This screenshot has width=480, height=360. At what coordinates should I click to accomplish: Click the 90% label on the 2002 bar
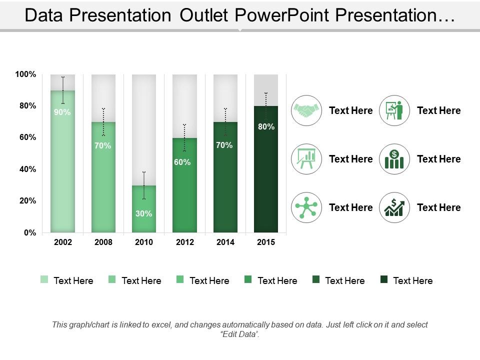pos(62,112)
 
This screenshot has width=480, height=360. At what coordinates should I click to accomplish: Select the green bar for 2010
pos(144,209)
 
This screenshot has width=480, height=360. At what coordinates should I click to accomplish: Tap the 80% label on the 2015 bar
pos(266,126)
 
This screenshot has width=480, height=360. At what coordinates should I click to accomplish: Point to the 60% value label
pos(182,162)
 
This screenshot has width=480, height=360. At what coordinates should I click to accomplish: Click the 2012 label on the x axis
pos(185,242)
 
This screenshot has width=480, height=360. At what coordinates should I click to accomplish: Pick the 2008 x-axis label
pos(103,242)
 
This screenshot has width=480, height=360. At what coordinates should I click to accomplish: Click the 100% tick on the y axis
pos(25,74)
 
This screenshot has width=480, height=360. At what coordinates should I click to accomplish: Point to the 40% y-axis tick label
pos(28,169)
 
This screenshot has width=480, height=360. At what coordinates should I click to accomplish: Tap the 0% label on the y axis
pos(30,232)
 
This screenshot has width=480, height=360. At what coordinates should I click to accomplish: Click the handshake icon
pos(306,110)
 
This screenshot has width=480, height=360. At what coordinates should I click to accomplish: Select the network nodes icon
pos(306,207)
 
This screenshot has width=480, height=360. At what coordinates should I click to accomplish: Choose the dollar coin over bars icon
pos(394,159)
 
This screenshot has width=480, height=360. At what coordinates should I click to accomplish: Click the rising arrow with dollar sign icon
pos(394,207)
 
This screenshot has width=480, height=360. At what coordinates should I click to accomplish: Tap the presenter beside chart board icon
pos(394,110)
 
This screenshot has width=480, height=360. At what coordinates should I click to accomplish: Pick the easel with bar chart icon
pos(306,159)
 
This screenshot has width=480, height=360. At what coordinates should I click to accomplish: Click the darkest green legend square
pos(384,279)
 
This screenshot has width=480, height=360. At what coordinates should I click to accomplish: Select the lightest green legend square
pos(44,279)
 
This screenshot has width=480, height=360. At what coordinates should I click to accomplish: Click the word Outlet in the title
pos(204,15)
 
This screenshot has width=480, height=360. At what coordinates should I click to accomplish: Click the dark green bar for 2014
pos(225,177)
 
